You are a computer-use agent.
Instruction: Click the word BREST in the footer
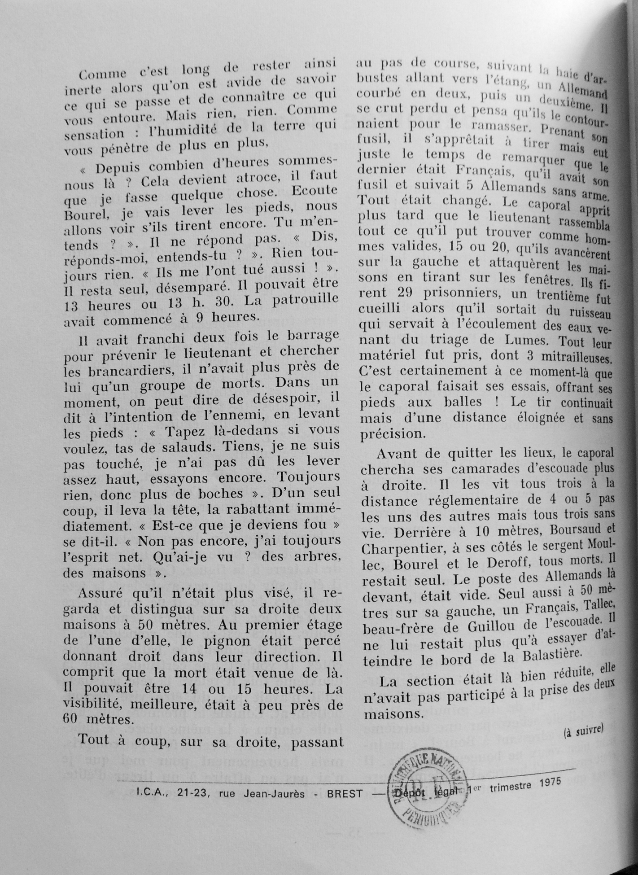(x=345, y=794)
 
